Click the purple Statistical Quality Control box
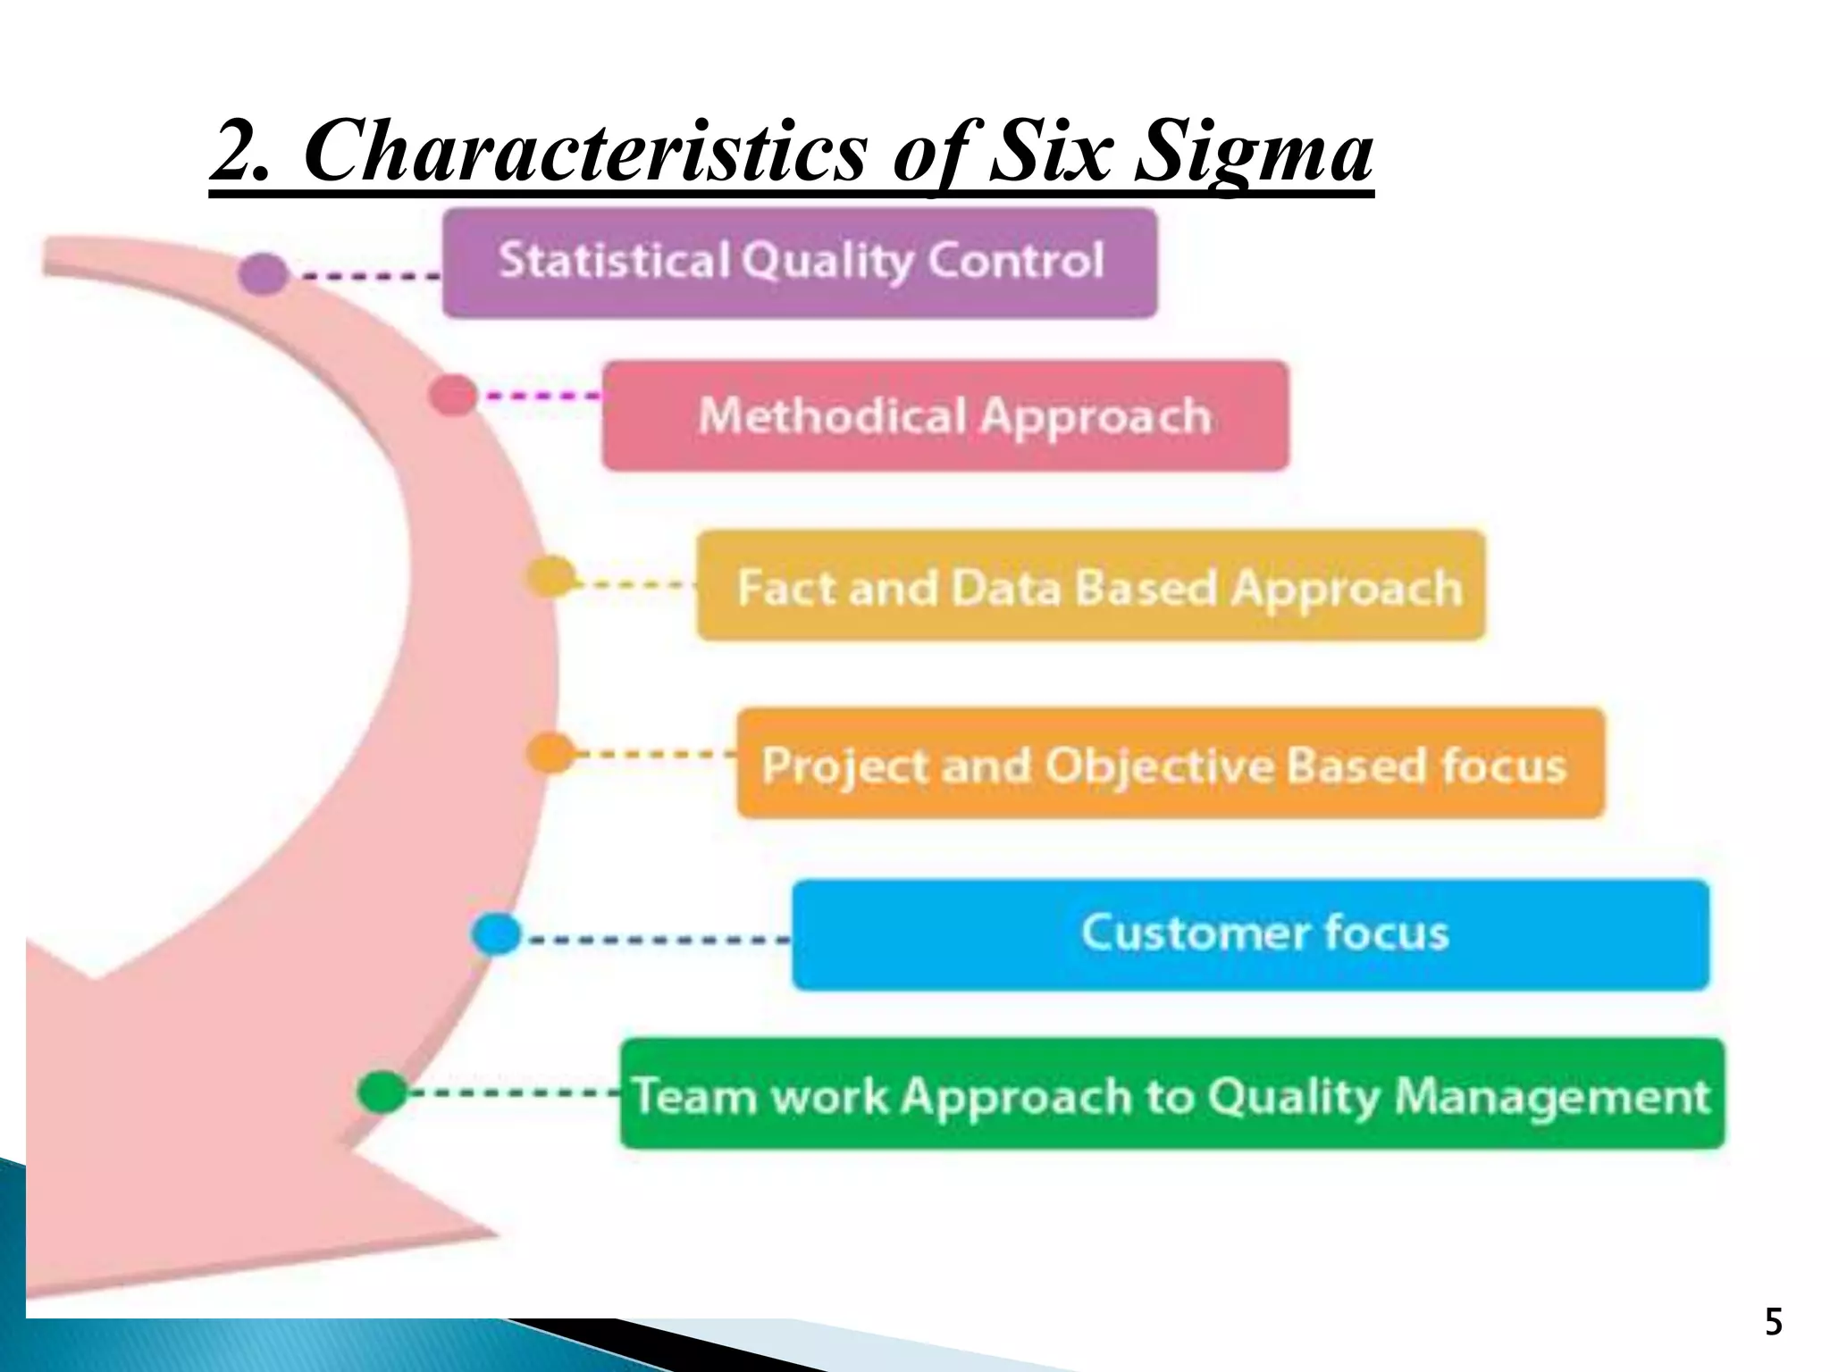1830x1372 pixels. pyautogui.click(x=800, y=263)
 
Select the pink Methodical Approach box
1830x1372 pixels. pyautogui.click(x=945, y=416)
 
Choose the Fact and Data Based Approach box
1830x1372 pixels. pyautogui.click(x=1090, y=586)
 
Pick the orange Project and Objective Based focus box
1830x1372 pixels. pyautogui.click(x=1171, y=764)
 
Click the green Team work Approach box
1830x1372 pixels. pyautogui.click(x=1172, y=1093)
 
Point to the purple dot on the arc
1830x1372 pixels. pyautogui.click(x=263, y=273)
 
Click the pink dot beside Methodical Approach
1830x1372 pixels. pyautogui.click(x=453, y=395)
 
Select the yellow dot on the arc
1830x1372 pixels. pyautogui.click(x=550, y=576)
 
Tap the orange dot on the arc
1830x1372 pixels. pyautogui.click(x=550, y=753)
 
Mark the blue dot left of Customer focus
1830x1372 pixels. pyautogui.click(x=496, y=934)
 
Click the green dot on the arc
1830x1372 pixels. pyautogui.click(x=382, y=1092)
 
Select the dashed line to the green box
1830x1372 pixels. pyautogui.click(x=514, y=1092)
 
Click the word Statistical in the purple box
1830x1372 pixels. pyautogui.click(x=614, y=261)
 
